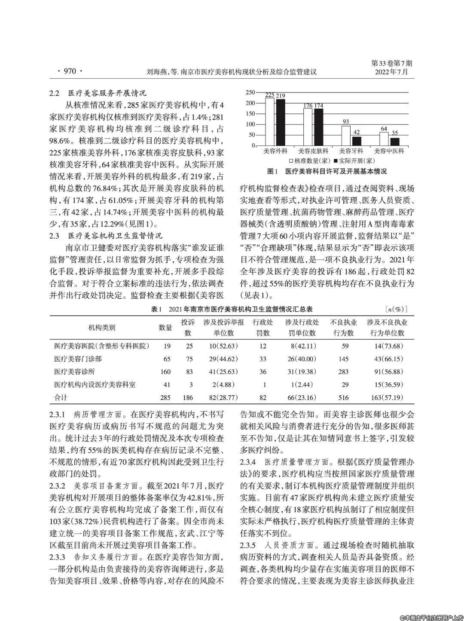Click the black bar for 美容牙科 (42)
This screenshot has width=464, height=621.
356,141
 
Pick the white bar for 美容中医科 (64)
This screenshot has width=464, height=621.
384,138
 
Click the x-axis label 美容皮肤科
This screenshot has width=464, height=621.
313,151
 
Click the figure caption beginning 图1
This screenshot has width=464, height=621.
327,171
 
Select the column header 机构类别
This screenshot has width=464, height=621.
102,328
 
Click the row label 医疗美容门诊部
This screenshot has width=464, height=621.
78,359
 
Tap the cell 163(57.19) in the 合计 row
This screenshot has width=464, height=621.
386,398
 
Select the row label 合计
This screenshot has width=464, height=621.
61,398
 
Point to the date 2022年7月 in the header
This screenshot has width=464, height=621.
391,72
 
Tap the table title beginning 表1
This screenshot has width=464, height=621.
232,309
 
